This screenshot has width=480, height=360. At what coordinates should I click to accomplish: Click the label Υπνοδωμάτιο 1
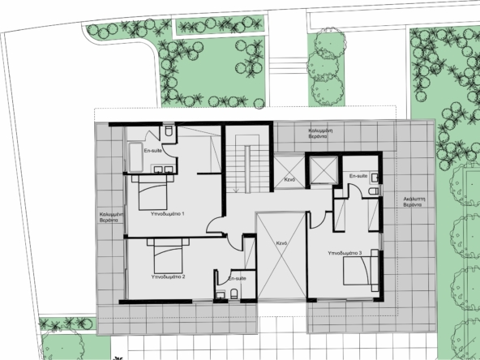tap(168, 214)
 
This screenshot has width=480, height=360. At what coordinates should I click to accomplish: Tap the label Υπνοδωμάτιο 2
tap(168, 276)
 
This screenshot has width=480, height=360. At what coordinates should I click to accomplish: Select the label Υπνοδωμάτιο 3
tap(345, 253)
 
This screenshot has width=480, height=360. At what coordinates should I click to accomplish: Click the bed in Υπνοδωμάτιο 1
tap(152, 192)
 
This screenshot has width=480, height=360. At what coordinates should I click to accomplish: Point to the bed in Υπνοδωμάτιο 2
tap(168, 256)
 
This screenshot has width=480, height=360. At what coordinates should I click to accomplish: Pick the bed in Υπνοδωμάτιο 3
tap(361, 271)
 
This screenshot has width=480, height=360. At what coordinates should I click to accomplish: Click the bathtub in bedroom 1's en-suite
tap(135, 157)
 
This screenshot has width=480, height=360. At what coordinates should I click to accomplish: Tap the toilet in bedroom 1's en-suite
tap(169, 131)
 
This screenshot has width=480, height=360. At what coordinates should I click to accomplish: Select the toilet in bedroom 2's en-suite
tap(234, 294)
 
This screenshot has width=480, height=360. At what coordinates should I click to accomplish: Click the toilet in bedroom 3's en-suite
tap(374, 191)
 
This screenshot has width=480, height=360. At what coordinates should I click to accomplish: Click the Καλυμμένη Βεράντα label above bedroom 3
tap(320, 134)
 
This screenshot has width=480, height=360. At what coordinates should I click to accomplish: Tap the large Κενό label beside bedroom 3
tap(281, 243)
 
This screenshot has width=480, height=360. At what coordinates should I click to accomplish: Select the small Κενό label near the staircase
tap(289, 180)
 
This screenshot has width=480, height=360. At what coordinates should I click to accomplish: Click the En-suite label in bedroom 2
tap(238, 279)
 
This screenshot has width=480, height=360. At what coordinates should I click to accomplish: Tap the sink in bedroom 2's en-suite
tap(221, 295)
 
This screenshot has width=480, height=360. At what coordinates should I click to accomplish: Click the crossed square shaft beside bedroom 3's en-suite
tap(324, 170)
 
